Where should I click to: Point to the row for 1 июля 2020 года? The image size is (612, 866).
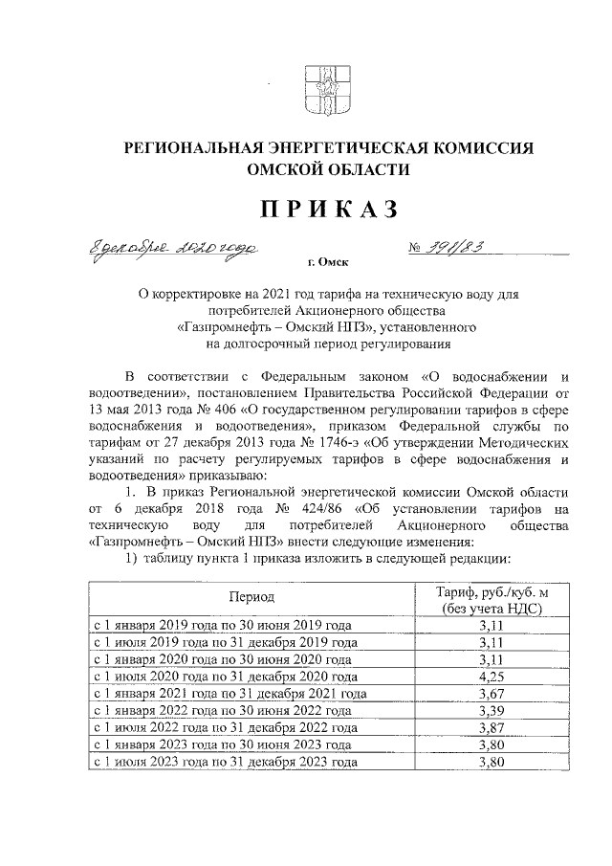(x=224, y=677)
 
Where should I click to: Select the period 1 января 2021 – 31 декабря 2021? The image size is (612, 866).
(x=229, y=694)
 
